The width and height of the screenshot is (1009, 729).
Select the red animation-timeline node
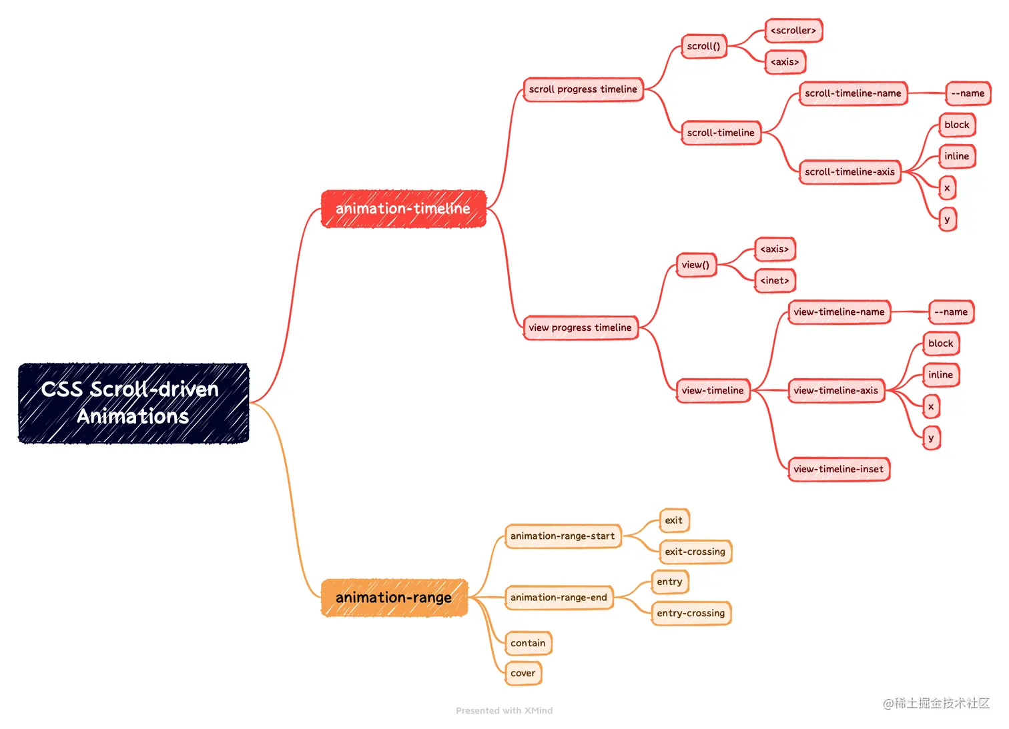click(x=404, y=209)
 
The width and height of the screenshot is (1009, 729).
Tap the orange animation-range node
click(x=394, y=598)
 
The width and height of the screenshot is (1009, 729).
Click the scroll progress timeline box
click(x=584, y=89)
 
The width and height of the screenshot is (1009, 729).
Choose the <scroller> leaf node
click(x=794, y=31)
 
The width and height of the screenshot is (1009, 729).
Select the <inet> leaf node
click(x=775, y=281)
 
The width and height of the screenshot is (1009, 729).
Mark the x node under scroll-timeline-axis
click(x=948, y=188)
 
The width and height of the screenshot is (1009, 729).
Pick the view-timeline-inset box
click(x=839, y=470)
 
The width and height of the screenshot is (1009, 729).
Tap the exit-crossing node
click(x=696, y=552)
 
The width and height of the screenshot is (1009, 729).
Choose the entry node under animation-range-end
click(x=670, y=582)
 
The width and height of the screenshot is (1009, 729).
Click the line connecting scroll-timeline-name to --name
click(x=927, y=93)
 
